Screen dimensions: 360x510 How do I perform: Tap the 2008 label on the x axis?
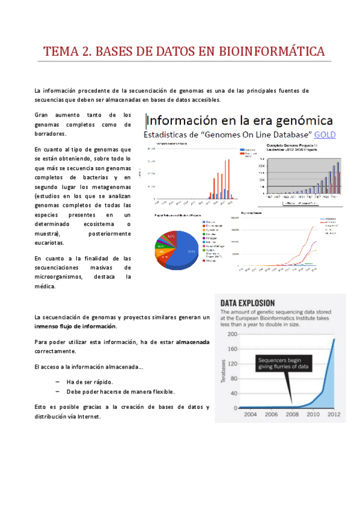pos(291,414)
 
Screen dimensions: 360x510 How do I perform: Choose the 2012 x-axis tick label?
pos(334,414)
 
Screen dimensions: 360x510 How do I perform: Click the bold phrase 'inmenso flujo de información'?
pos(76,327)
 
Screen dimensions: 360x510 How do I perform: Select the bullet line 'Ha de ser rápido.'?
pos(89,382)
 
